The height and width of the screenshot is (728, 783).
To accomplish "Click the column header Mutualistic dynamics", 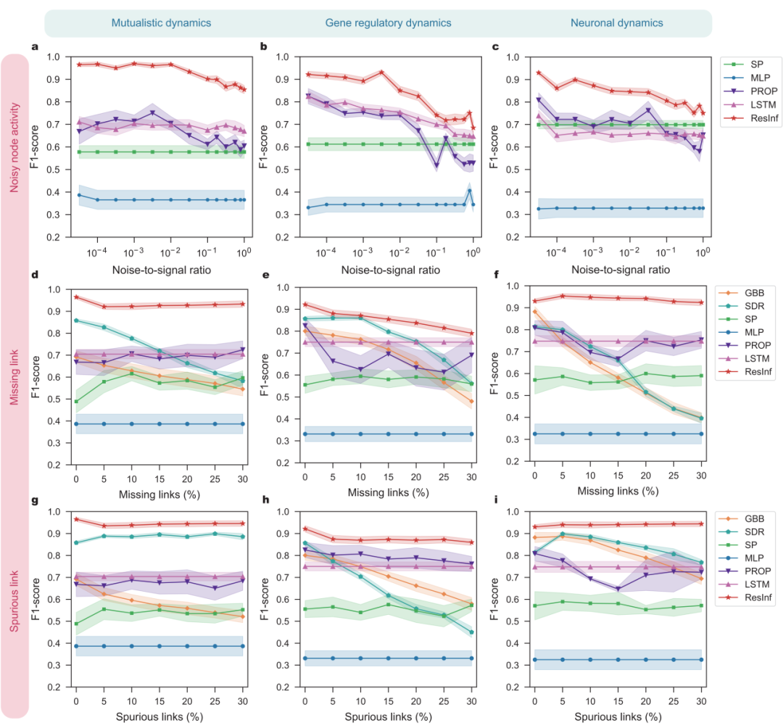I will [x=161, y=23].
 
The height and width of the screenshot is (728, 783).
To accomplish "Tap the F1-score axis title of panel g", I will [x=34, y=599].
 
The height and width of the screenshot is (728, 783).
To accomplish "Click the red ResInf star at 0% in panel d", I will [x=76, y=297].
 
